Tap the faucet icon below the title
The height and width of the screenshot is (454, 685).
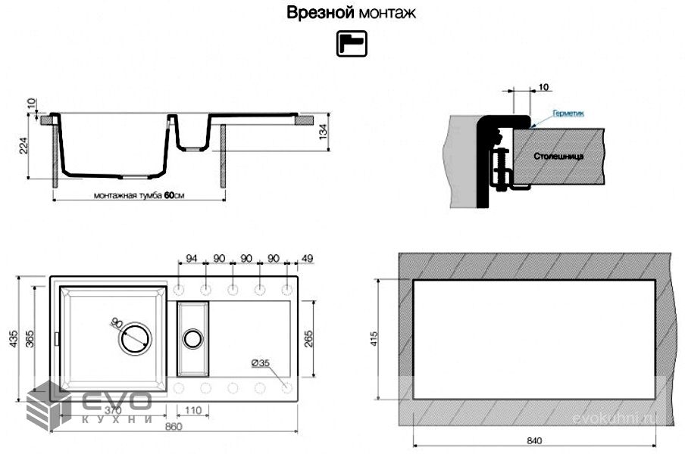351,43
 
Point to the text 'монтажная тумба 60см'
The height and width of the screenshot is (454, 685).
139,195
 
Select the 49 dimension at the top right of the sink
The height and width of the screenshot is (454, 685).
307,259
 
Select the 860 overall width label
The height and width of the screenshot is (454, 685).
174,428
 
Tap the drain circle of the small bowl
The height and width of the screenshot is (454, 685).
192,338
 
